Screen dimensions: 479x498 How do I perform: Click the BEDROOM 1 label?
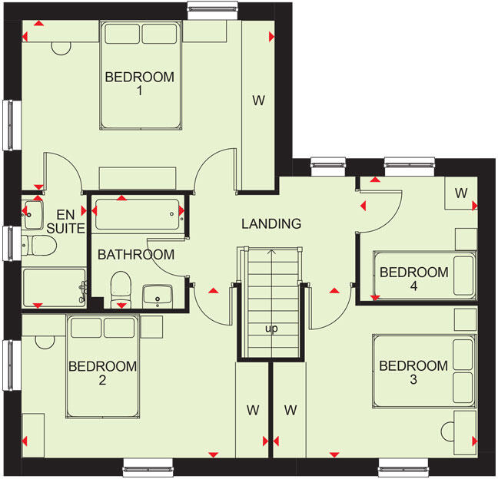(x=140, y=84)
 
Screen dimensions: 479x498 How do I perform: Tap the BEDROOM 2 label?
(x=103, y=373)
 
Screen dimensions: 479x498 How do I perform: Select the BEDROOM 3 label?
(x=413, y=373)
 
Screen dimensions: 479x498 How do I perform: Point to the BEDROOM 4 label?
(x=413, y=279)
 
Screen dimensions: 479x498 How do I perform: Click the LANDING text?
(x=271, y=224)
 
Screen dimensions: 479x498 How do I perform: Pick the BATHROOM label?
(x=135, y=255)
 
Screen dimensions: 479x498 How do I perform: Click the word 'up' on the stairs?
(x=271, y=329)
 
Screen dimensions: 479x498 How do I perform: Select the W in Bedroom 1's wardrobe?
(x=259, y=99)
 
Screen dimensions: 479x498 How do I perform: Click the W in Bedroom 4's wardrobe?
(x=460, y=193)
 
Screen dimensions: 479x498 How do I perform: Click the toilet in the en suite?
(x=40, y=246)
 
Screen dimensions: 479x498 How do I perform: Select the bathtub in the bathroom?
(x=138, y=214)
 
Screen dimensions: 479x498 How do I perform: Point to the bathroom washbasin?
(x=158, y=294)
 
